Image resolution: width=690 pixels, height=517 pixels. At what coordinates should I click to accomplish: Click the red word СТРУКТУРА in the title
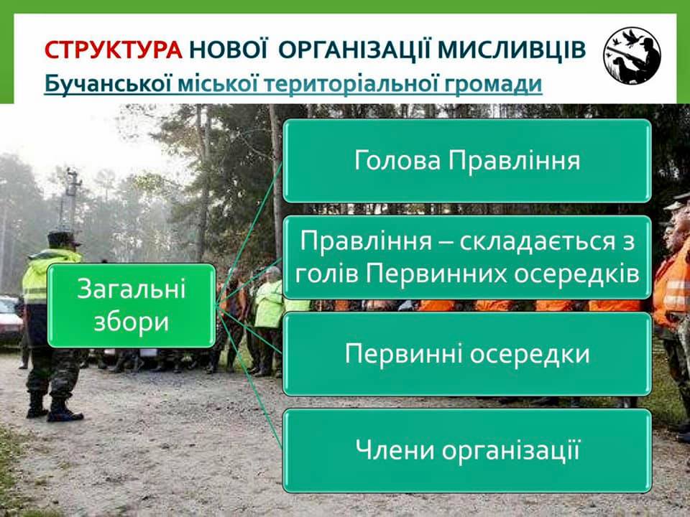pos(113,50)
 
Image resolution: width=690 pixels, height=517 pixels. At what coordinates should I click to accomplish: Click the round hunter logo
pos(632,55)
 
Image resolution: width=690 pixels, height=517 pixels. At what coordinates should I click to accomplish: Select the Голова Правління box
pos(467,160)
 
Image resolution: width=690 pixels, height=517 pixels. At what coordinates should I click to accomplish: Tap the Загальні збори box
pos(132,306)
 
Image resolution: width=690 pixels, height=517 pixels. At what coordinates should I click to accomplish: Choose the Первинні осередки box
pos(467,354)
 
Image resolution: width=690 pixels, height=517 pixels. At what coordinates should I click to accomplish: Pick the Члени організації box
pos(467,451)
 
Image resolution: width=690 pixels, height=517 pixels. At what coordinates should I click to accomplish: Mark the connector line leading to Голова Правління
pos(249,233)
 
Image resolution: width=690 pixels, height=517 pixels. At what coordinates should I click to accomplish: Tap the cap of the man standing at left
pos(63,238)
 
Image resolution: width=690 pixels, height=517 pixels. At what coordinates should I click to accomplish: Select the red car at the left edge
pos(9,320)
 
